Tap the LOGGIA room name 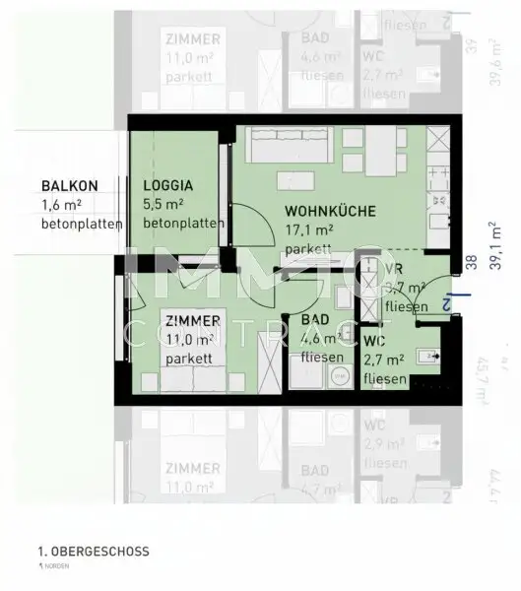point(167,185)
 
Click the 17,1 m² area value point(309,231)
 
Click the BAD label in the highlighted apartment point(315,322)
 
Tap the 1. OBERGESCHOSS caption point(94,553)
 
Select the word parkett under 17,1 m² point(306,250)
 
